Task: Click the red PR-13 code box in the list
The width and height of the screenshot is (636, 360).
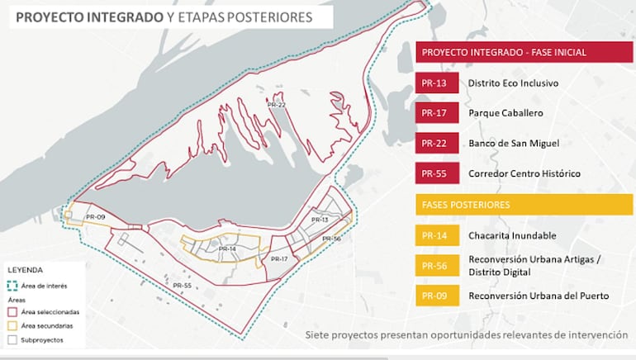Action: coord(435,83)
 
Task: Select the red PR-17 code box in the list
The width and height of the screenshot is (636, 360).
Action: coord(435,113)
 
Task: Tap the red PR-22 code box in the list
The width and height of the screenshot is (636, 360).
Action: coord(435,144)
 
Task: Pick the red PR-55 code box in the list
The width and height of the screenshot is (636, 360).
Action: coord(435,174)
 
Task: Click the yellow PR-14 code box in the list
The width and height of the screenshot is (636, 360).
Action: coord(435,235)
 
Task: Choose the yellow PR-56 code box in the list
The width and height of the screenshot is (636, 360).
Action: coord(435,265)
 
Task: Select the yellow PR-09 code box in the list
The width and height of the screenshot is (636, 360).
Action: coord(435,296)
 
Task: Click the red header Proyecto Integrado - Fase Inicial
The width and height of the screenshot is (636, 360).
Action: coord(524,52)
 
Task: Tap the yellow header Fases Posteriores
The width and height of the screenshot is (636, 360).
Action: coord(524,204)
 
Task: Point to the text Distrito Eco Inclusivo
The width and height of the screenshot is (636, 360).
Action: coord(513,83)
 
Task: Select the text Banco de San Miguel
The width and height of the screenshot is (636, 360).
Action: coord(514,144)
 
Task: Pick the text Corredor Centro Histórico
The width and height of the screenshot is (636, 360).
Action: coord(524,174)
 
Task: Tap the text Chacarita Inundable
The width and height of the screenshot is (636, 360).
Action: coord(506,235)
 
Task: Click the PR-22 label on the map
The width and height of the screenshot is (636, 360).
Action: coord(276,105)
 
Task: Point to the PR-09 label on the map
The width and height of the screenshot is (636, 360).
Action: coord(94,216)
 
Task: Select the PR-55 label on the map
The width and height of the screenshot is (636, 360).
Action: coord(182,285)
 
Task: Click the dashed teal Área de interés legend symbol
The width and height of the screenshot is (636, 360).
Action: coord(13,286)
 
